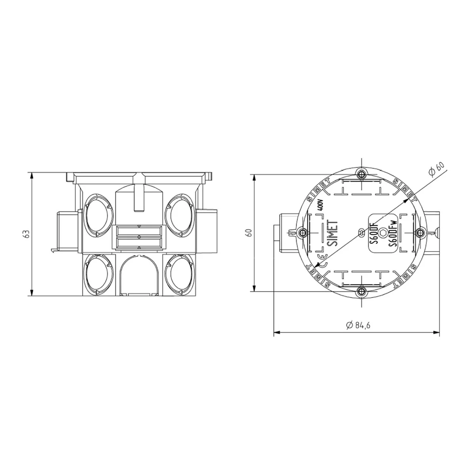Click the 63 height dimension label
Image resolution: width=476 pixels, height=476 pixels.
tap(27, 234)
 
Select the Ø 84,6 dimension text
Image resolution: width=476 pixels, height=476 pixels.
tap(358, 325)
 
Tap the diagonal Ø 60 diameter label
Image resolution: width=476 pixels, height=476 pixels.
tap(437, 169)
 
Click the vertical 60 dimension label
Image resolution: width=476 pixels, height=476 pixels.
tap(249, 233)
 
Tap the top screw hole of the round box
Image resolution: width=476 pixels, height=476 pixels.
tap(361, 175)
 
